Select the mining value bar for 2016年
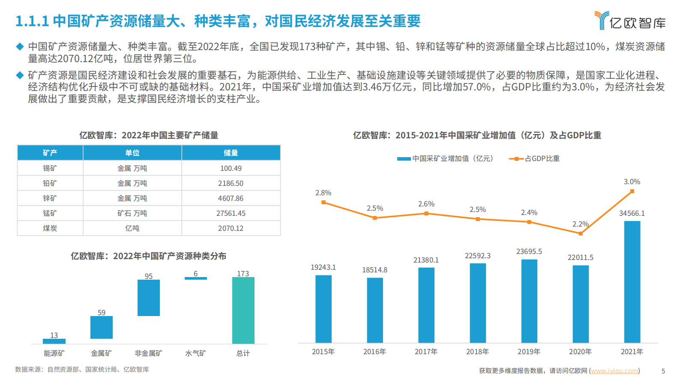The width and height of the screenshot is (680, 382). click(375, 310)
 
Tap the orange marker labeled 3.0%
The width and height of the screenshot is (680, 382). click(632, 191)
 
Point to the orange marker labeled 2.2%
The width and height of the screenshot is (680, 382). click(581, 233)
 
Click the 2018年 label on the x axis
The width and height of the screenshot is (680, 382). click(477, 352)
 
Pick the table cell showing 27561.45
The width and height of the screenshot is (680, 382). click(231, 213)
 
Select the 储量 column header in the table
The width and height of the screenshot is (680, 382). click(231, 153)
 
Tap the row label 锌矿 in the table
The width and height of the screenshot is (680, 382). click(50, 198)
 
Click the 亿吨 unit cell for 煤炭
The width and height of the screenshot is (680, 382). click(132, 228)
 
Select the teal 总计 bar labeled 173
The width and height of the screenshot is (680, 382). click(243, 310)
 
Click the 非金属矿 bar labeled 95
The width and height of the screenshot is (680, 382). click(148, 298)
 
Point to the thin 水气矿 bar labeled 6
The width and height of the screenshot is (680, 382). click(195, 278)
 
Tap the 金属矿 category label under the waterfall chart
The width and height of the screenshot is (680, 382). click(101, 353)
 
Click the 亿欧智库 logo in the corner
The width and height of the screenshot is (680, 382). click(630, 21)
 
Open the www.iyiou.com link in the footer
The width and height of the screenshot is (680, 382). click(614, 371)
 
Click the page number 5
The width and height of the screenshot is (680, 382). click(663, 371)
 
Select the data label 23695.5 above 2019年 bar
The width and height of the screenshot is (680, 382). click(529, 251)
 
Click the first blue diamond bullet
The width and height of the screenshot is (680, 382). click(20, 46)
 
